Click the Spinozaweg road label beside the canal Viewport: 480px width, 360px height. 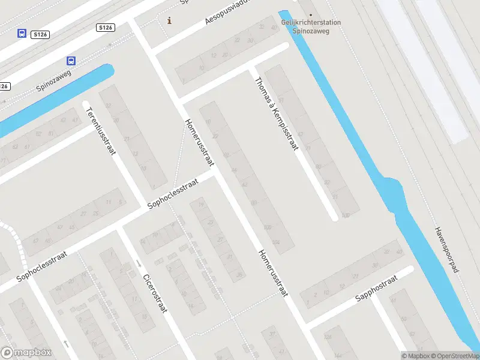click(53, 80)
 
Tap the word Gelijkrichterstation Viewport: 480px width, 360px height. click(311, 23)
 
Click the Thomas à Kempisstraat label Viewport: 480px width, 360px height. click(276, 113)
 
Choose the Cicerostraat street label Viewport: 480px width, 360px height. click(154, 293)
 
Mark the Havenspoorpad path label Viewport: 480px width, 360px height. click(446, 250)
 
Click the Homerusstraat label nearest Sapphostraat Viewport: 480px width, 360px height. click(274, 272)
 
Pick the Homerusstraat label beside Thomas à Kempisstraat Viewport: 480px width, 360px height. click(199, 142)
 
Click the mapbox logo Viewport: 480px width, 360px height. click(26, 352)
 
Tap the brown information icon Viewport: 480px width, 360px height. click(170, 20)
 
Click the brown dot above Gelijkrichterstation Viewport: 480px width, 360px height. click(310, 14)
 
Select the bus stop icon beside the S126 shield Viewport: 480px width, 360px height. click(22, 33)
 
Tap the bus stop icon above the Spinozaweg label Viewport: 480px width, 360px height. click(71, 61)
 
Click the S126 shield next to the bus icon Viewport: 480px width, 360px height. click(41, 35)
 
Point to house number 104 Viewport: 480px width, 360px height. click(275, 242)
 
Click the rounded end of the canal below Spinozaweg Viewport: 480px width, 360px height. click(109, 70)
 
